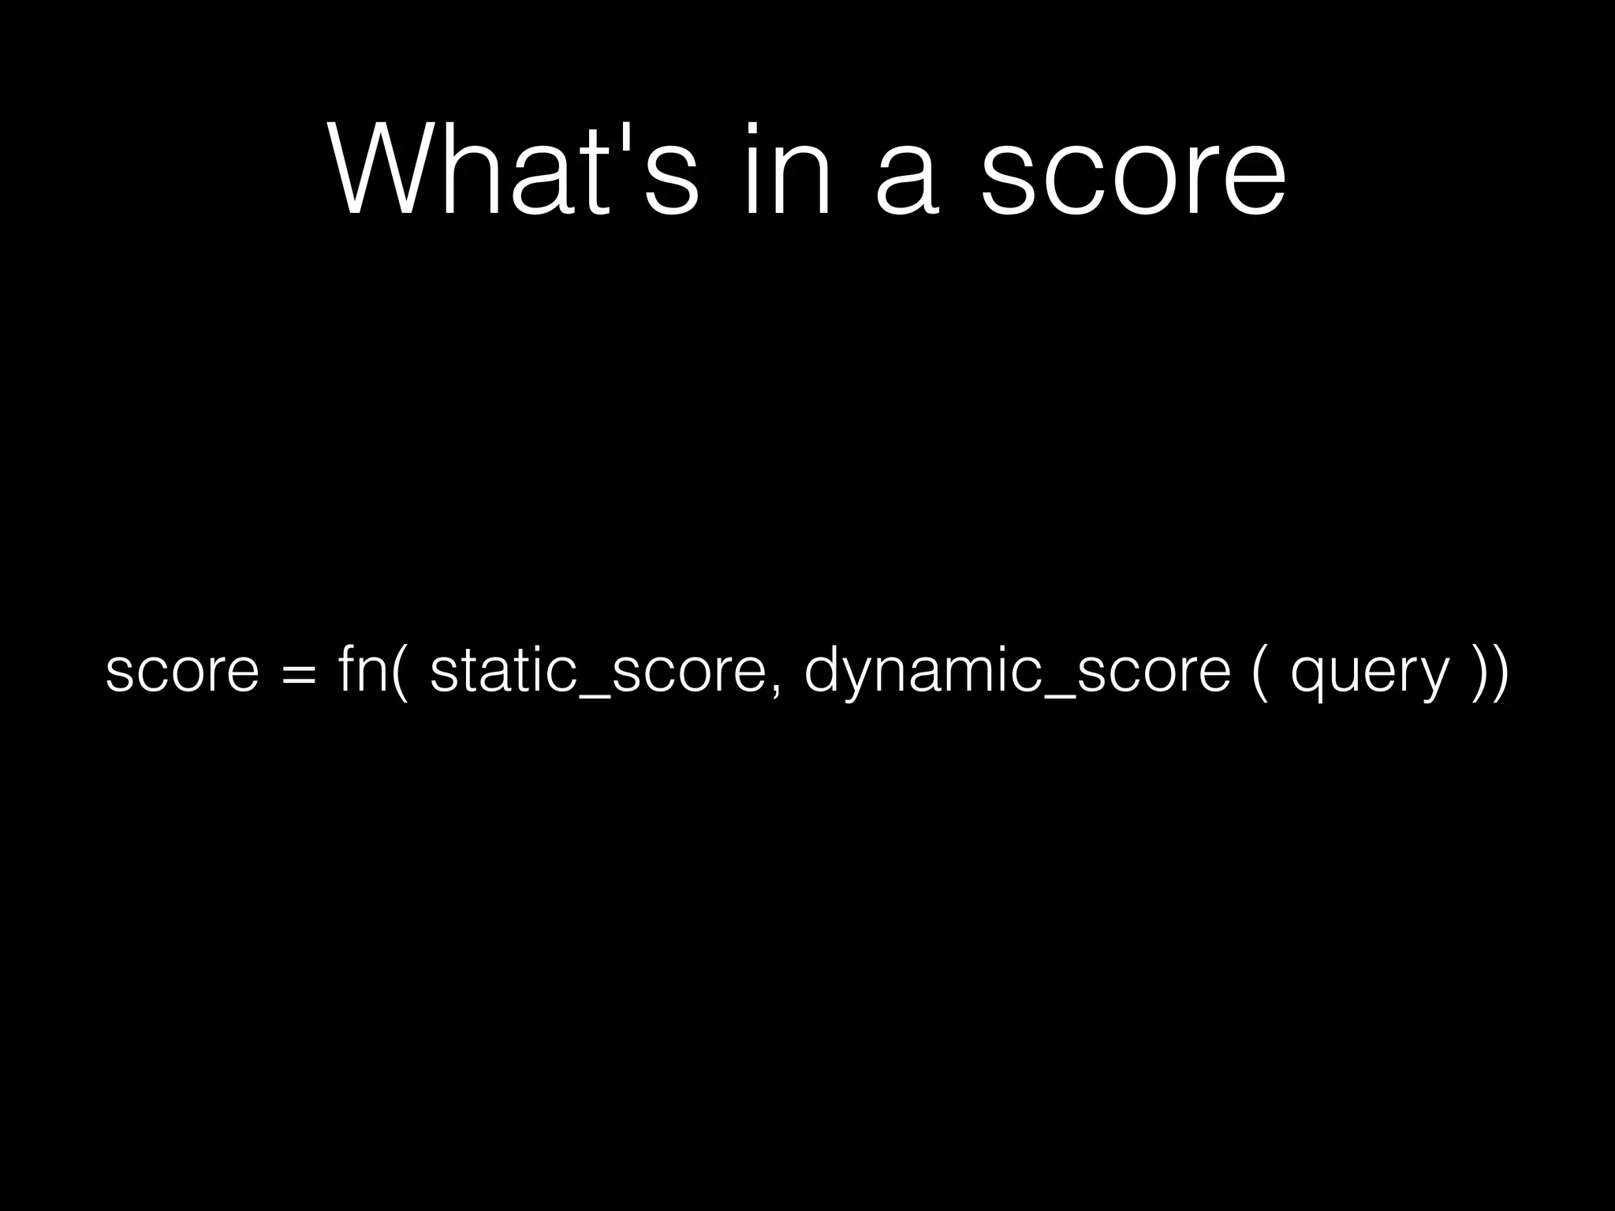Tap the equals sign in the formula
point(300,674)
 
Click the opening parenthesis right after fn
point(400,670)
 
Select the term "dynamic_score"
point(1017,670)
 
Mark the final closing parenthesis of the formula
point(1500,670)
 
